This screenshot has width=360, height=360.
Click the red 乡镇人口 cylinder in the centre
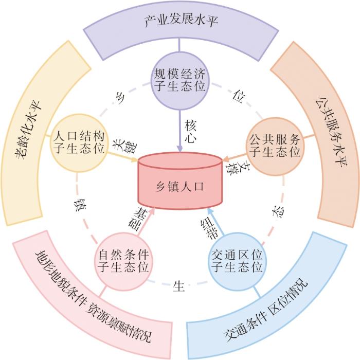[x=180, y=181]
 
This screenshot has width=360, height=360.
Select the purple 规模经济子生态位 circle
[x=180, y=81]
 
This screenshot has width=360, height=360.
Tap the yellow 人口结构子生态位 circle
[x=79, y=143]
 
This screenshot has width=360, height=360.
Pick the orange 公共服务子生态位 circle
[x=275, y=147]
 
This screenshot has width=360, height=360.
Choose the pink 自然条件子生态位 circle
[x=123, y=261]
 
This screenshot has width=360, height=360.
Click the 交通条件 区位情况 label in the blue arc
[x=266, y=311]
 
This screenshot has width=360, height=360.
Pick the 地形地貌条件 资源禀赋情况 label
[x=94, y=297]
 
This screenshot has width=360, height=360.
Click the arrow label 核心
[x=191, y=131]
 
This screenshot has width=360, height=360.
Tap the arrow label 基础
[x=138, y=219]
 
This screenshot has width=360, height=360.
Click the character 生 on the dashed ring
[x=178, y=286]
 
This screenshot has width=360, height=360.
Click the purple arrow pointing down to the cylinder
[x=180, y=131]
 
